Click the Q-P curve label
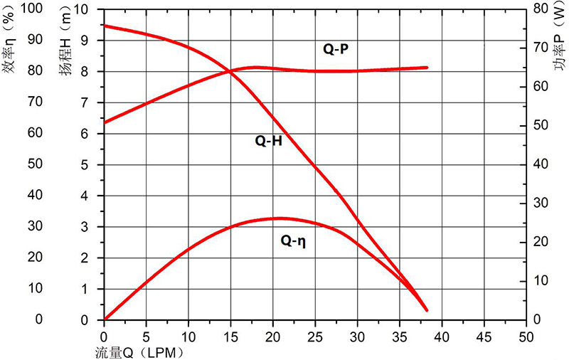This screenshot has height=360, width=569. (x=335, y=49)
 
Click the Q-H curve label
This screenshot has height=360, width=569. (x=269, y=140)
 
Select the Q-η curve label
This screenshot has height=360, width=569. (x=293, y=241)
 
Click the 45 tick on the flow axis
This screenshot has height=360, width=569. (x=484, y=335)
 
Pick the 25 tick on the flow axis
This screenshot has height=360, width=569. (x=315, y=335)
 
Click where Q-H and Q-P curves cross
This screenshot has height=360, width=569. (x=230, y=70)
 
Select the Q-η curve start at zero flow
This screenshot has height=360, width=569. (x=105, y=319)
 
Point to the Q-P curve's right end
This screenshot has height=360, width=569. (x=427, y=68)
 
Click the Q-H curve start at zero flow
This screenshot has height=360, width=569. (x=105, y=26)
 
